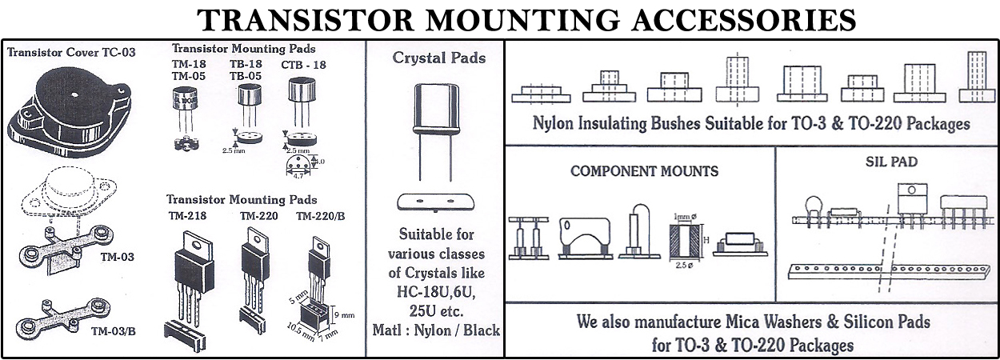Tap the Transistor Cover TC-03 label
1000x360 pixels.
coord(71,53)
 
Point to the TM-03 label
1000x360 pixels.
coord(117,257)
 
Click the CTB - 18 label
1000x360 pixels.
coord(303,64)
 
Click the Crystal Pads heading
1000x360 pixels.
coord(439,58)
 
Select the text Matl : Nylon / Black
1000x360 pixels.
coord(436,330)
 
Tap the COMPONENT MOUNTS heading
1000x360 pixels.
coord(644,171)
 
